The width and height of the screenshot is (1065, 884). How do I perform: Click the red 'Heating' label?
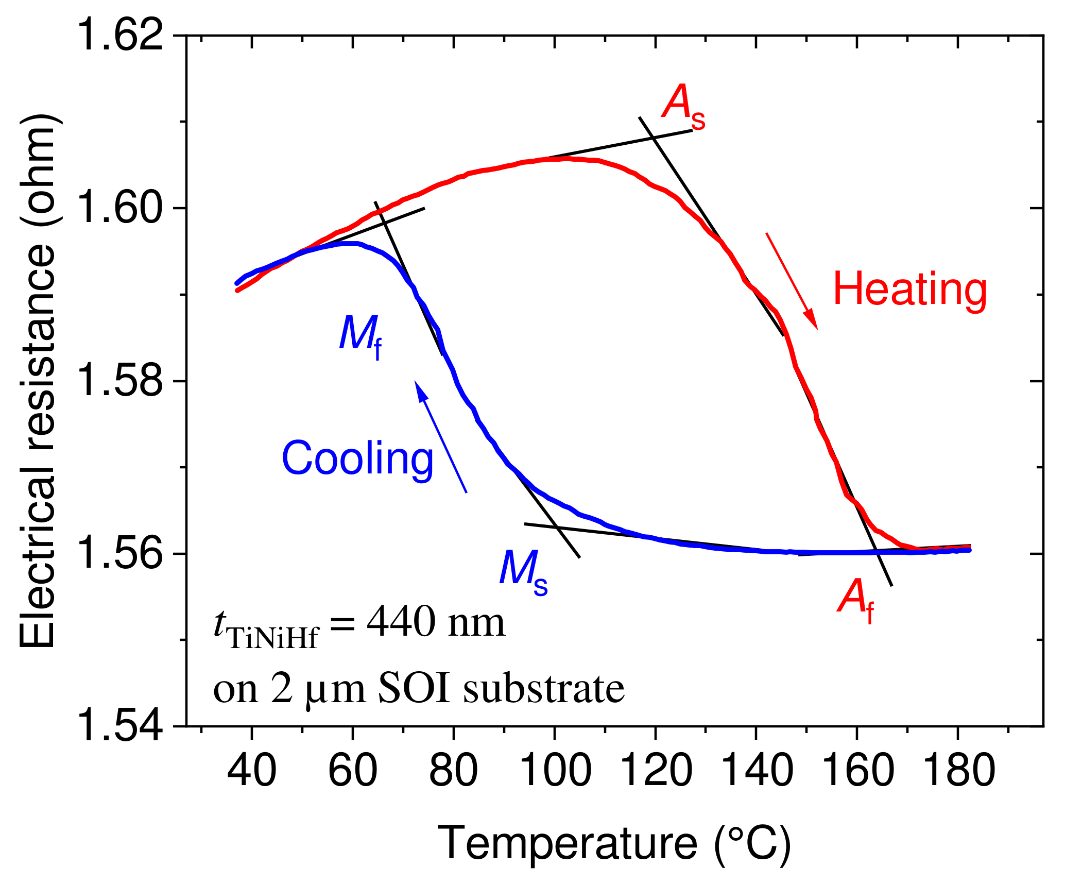coord(910,290)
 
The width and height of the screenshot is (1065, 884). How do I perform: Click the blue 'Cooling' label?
coord(357,459)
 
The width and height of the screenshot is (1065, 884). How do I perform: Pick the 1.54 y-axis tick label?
coord(122,726)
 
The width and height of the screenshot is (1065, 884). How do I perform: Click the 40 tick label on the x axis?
coord(252,771)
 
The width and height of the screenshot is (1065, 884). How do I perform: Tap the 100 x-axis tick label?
coord(555,771)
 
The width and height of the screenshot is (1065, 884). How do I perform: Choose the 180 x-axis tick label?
coord(958,771)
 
